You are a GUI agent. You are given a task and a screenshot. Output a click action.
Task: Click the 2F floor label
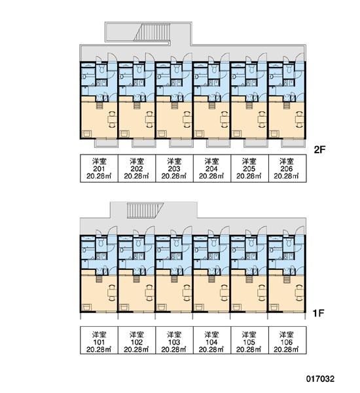point(319,150)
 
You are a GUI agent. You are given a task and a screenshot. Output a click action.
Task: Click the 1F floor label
point(318,313)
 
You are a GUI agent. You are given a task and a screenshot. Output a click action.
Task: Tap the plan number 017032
point(320,379)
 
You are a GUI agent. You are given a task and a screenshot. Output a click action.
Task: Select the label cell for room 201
point(99,168)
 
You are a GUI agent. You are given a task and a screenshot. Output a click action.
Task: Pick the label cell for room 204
point(211,168)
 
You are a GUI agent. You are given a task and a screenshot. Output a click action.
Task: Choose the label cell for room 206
point(287,168)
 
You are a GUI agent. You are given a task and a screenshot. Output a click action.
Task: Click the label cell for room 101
point(99,340)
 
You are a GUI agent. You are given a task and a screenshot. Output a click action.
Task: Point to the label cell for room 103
point(174,340)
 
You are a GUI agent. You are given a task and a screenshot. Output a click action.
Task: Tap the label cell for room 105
point(249,340)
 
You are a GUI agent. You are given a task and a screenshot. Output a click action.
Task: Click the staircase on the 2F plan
point(152,32)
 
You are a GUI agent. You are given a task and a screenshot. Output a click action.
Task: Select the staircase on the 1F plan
point(145,211)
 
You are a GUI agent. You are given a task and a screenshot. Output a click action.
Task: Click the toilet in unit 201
point(101,68)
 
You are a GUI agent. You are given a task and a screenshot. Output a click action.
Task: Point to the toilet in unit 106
point(289,242)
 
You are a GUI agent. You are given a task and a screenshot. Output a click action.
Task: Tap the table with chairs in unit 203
point(187,120)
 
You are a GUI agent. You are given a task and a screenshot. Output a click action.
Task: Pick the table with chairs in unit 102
point(149,293)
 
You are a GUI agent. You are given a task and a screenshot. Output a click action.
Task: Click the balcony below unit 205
point(255,143)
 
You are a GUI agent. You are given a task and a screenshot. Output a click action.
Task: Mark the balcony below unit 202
point(143,143)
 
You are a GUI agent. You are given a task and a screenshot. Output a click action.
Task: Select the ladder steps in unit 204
point(211,105)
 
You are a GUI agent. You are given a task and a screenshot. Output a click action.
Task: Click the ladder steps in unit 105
point(249,279)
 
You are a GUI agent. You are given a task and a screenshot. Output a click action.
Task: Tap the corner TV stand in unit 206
point(274,134)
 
